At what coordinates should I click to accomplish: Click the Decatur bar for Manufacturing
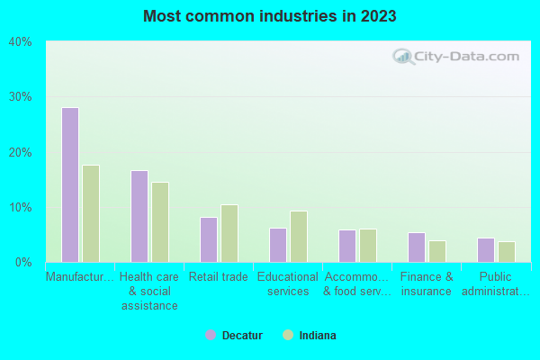[x=70, y=184]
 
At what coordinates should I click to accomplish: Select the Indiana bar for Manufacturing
[x=91, y=213]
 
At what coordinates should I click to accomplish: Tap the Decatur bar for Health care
[x=139, y=216]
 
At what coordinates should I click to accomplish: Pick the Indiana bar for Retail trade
[x=229, y=233]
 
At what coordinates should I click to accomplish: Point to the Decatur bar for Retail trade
[x=209, y=239]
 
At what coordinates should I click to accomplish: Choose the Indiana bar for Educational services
[x=299, y=237]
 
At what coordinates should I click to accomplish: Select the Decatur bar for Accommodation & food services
[x=347, y=246]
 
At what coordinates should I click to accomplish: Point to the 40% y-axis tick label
[x=20, y=41]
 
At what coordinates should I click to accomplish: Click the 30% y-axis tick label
[x=20, y=97]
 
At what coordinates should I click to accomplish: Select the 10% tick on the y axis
[x=20, y=208]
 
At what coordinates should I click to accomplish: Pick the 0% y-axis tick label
[x=23, y=263]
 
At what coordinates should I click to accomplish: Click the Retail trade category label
[x=219, y=277]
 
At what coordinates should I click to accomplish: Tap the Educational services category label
[x=288, y=284]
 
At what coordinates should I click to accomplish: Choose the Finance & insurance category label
[x=427, y=284]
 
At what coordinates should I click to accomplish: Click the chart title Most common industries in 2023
[x=270, y=16]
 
